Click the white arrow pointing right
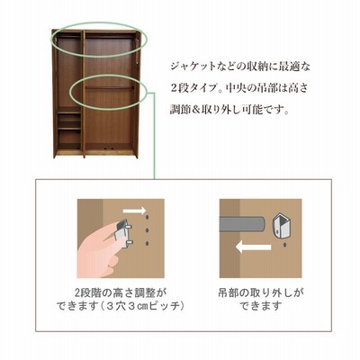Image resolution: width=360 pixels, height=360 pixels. (134, 211)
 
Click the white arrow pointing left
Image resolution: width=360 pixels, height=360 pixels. (254, 247)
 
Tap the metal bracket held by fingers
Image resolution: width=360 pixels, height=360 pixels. (123, 233)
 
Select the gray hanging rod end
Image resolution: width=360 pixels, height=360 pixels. (242, 224)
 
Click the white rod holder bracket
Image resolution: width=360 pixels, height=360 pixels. (281, 226)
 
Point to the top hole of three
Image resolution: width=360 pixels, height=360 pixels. (147, 218)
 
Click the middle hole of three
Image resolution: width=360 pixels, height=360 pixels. (147, 230)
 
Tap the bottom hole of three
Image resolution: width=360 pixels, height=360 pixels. (147, 243)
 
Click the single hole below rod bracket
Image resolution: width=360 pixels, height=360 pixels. (284, 246)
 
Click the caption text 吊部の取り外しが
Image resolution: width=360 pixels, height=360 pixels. (260, 292)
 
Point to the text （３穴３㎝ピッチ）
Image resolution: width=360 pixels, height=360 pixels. (141, 306)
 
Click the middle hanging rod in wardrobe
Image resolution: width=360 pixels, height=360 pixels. (109, 87)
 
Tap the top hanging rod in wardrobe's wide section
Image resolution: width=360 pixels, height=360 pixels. (109, 37)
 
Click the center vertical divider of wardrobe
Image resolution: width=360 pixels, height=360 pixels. (83, 93)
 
